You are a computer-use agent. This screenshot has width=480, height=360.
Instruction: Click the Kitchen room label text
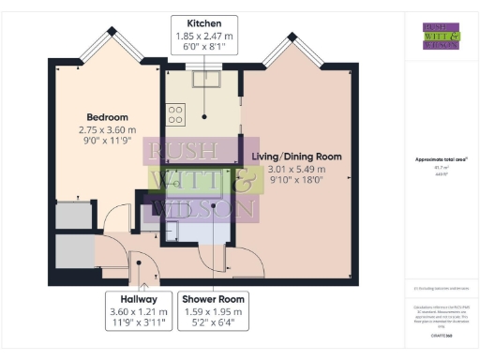pyautogui.click(x=203, y=22)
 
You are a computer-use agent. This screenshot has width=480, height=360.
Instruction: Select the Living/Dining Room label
pyautogui.click(x=295, y=156)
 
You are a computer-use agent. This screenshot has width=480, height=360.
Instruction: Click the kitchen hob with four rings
pyautogui.click(x=175, y=114)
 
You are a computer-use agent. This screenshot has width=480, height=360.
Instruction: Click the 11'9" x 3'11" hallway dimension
pyautogui.click(x=138, y=323)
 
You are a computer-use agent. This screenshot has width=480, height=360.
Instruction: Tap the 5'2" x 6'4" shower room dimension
pyautogui.click(x=213, y=323)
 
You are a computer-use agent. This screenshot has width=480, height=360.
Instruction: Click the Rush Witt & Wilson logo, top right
pyautogui.click(x=441, y=35)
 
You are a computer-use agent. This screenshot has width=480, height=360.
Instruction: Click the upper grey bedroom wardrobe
pyautogui.click(x=72, y=216)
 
